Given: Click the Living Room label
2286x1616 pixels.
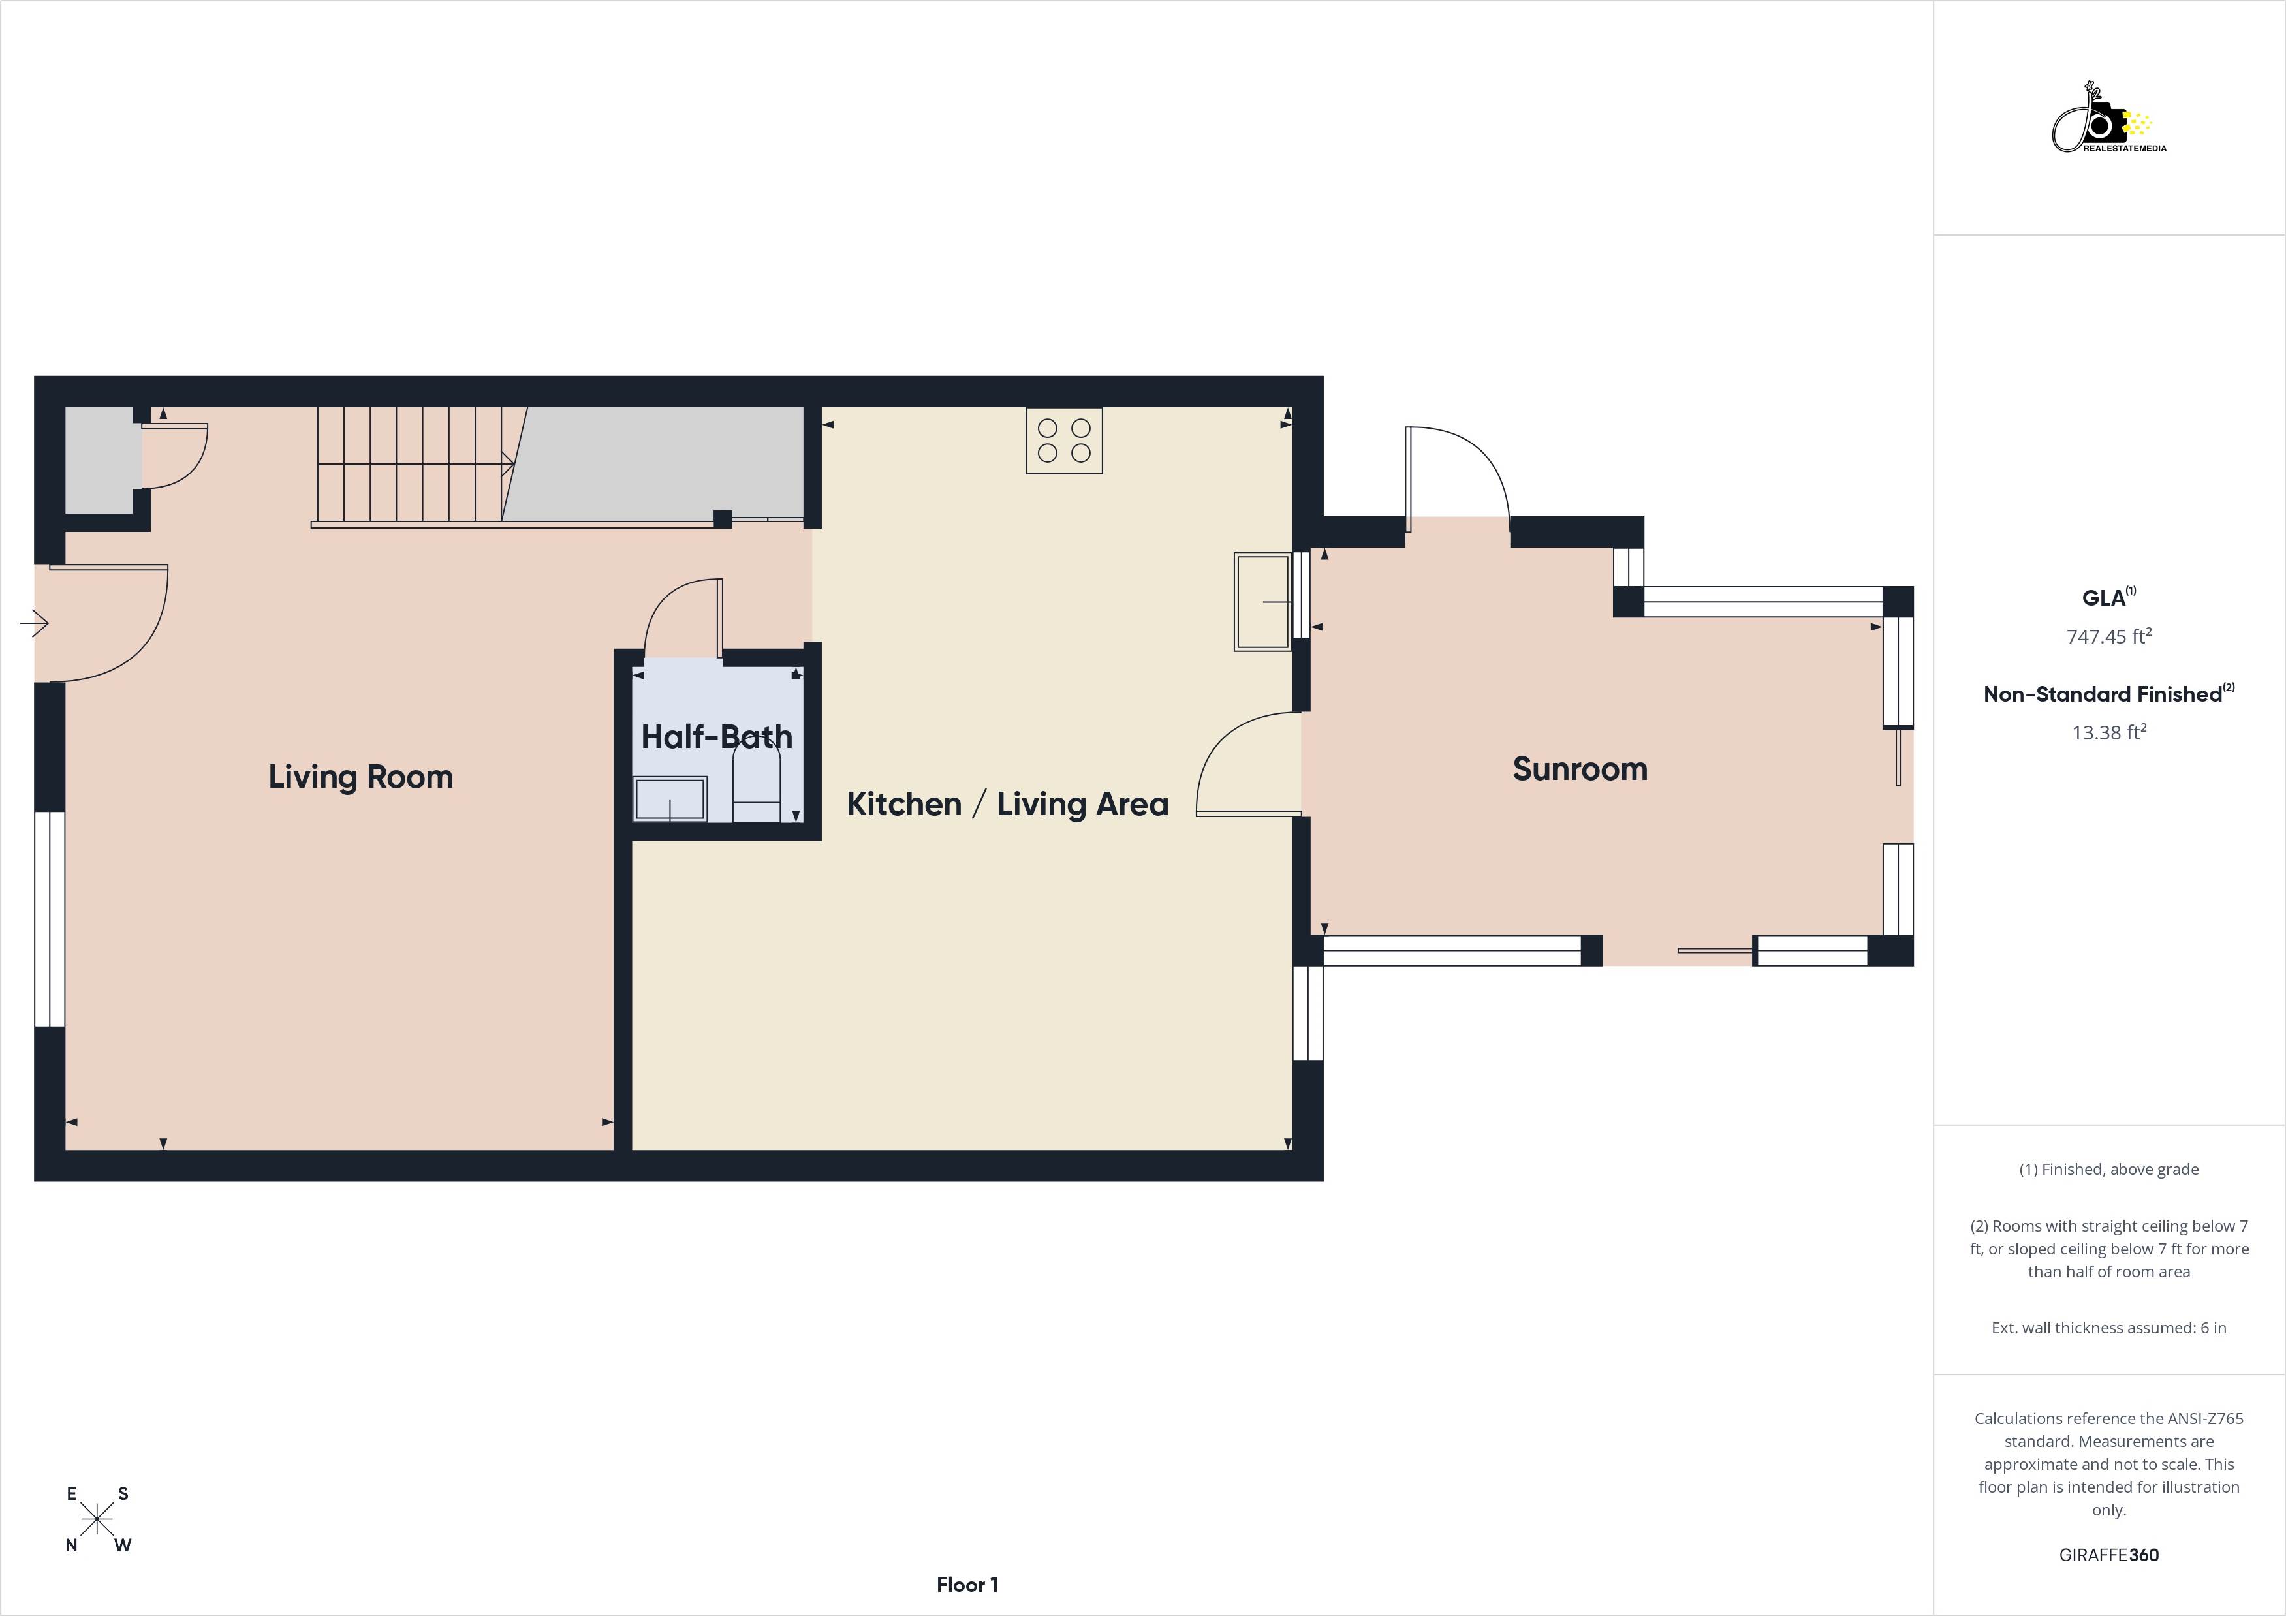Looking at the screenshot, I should click(x=360, y=777).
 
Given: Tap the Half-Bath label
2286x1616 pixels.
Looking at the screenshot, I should click(x=716, y=737).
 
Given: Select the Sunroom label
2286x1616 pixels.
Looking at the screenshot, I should click(x=1579, y=769).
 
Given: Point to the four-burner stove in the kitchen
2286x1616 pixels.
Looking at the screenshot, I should click(x=1063, y=440).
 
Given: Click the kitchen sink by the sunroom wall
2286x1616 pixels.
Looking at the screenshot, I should click(x=1262, y=601).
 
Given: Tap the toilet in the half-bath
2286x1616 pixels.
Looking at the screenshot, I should click(x=756, y=785).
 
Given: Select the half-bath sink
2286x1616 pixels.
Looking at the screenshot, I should click(x=670, y=799).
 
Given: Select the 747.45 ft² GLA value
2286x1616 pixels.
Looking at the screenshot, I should click(x=2108, y=636).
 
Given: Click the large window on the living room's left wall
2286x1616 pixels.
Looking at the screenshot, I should click(x=50, y=918).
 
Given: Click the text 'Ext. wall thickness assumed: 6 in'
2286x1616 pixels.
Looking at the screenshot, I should click(x=2108, y=1328).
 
